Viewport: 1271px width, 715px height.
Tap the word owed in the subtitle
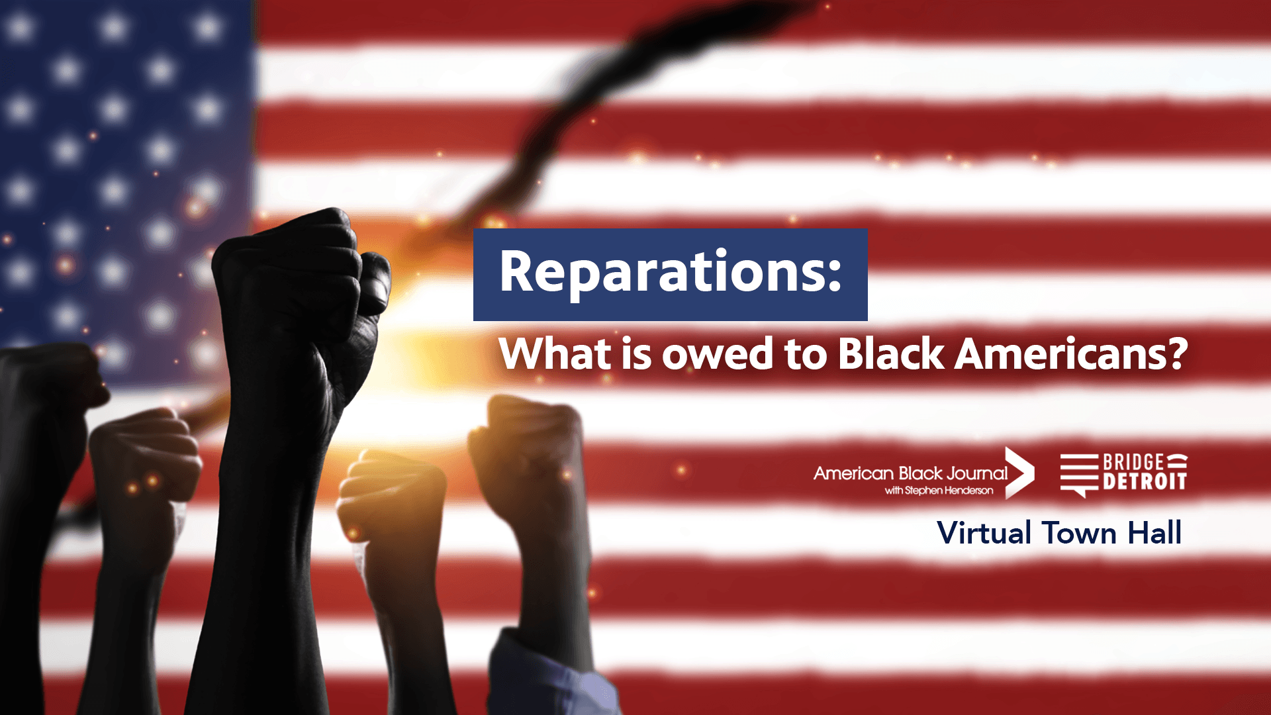[x=718, y=354]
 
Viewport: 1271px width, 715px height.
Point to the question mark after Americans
[x=1176, y=354]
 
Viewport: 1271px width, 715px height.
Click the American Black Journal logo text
[x=910, y=473]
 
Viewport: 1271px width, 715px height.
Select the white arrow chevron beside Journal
[x=1019, y=473]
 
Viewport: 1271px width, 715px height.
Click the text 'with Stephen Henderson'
[x=939, y=491]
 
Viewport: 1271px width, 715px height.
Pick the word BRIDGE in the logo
[x=1133, y=462]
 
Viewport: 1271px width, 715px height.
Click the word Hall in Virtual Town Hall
[x=1154, y=533]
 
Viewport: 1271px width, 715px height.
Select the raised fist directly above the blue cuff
[x=526, y=457]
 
